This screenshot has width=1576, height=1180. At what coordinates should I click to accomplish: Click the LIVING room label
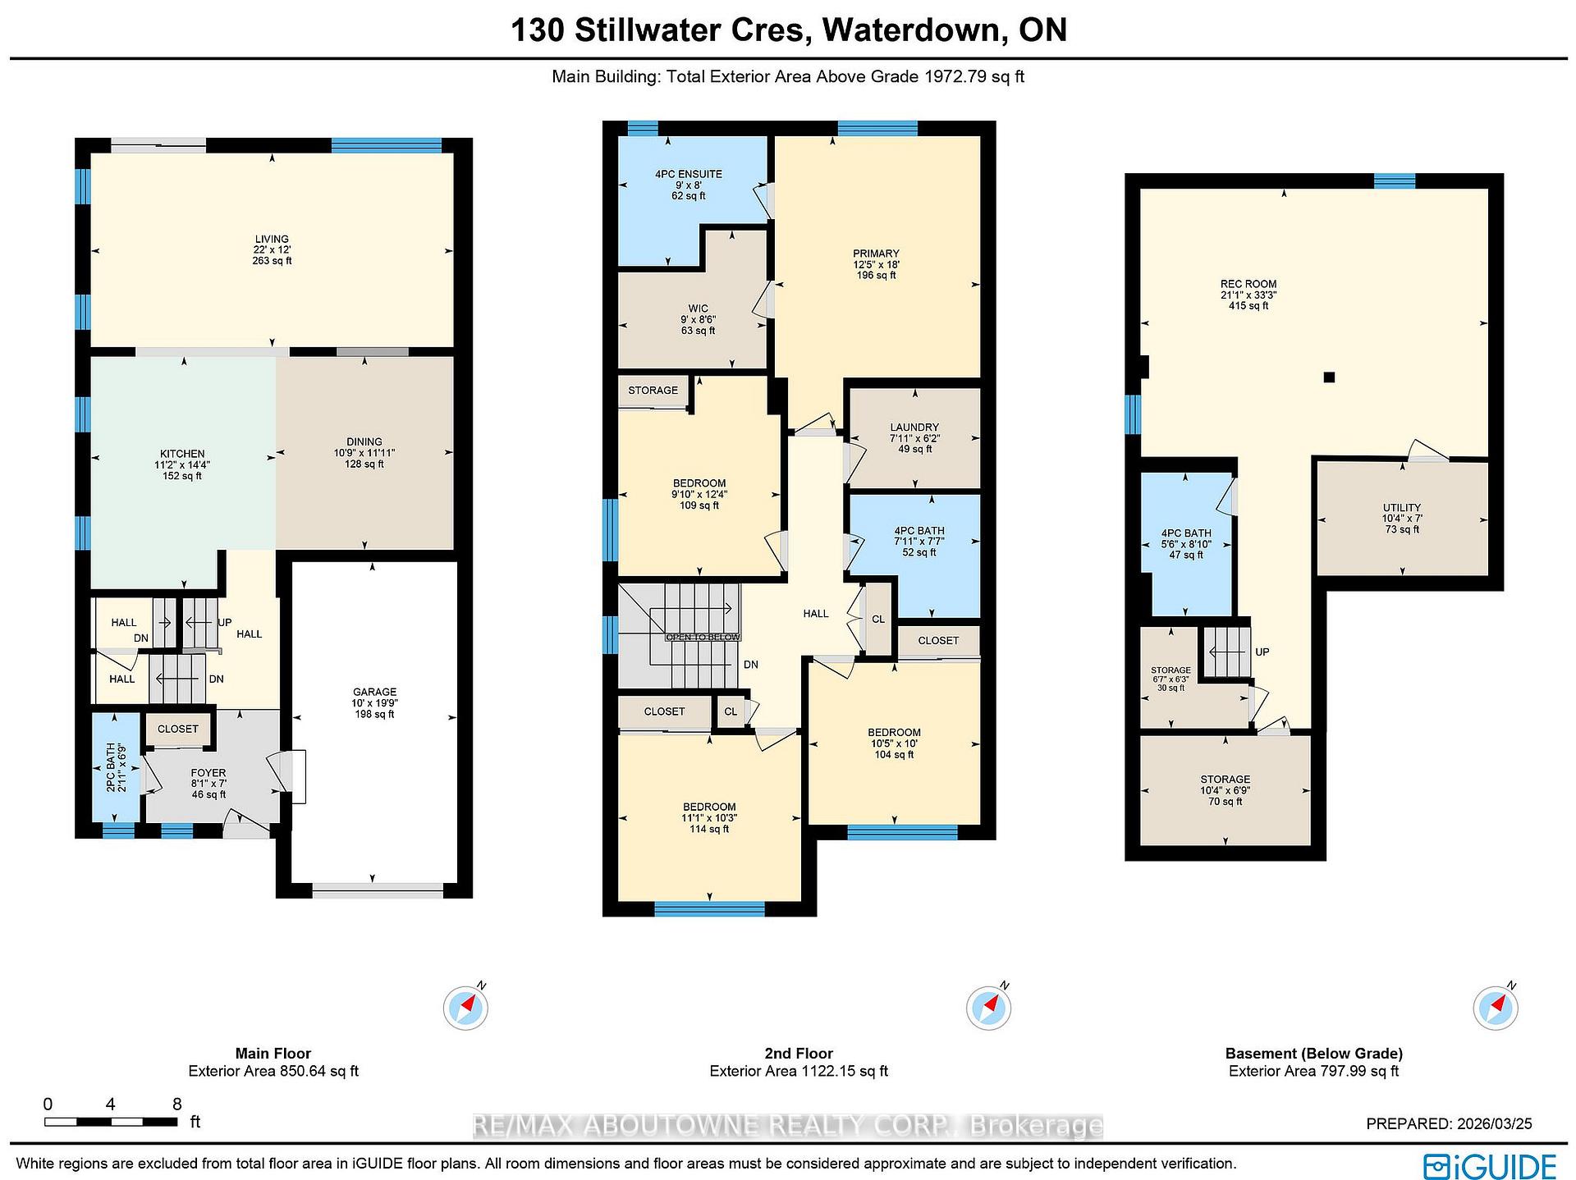tap(272, 249)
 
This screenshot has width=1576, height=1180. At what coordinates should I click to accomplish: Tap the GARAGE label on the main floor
tap(375, 702)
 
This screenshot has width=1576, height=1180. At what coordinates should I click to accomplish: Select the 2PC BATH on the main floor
tap(115, 767)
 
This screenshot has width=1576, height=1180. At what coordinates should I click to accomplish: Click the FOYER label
tap(208, 783)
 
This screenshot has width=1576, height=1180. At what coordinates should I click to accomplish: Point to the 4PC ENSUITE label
tap(688, 185)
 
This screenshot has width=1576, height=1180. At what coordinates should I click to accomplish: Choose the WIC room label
tap(698, 319)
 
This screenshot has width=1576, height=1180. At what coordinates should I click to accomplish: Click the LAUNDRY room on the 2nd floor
tap(914, 437)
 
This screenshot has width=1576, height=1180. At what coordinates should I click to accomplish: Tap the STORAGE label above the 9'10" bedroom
tap(653, 390)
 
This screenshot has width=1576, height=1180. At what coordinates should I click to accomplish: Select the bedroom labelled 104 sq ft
tap(894, 743)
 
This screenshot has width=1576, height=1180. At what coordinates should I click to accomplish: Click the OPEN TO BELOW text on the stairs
tap(703, 637)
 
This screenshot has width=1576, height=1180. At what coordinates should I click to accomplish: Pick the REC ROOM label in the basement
tap(1248, 295)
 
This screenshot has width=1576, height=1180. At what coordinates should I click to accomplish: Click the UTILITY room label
tap(1401, 518)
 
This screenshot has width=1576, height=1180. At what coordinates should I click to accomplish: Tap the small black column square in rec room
tap(1329, 377)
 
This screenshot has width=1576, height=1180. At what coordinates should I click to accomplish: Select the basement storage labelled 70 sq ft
tap(1225, 790)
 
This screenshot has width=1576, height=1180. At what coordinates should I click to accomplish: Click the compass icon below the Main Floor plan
tap(465, 1008)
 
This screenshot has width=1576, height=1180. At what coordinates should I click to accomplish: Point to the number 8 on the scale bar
tap(176, 1104)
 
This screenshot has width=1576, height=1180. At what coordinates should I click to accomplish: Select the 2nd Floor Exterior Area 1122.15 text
tap(799, 1071)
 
